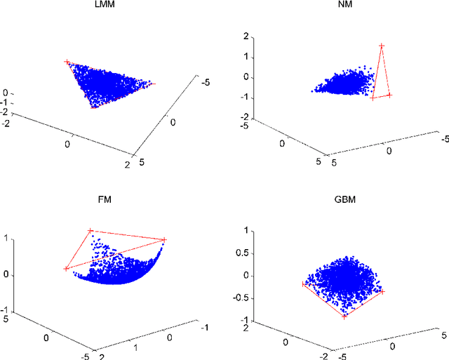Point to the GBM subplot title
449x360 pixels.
point(347,199)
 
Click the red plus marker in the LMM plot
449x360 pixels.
point(67,62)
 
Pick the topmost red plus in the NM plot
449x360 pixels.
point(382,46)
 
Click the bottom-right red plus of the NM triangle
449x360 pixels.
point(390,95)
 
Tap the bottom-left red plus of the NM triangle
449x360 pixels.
point(373,98)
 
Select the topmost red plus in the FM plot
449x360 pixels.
point(90,230)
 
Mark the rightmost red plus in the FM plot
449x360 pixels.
point(164,240)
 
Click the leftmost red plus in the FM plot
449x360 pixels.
point(66,268)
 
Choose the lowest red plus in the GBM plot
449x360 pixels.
point(344,316)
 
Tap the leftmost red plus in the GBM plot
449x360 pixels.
point(303,284)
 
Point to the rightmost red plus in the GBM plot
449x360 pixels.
point(383,291)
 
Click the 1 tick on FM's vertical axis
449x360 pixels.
point(6,239)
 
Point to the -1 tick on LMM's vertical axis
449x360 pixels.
point(6,102)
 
